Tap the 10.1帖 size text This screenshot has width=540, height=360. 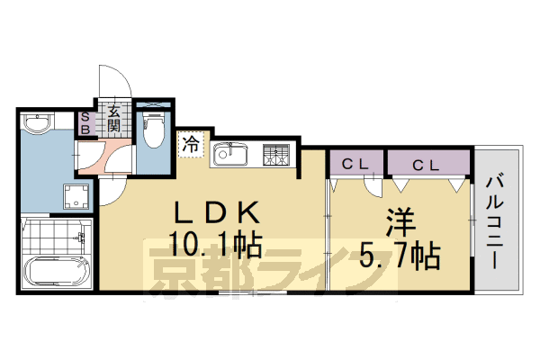[x=216, y=244]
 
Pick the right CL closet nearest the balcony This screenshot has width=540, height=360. [x=428, y=164]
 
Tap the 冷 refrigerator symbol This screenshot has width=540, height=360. [x=191, y=143]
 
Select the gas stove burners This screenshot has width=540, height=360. [x=276, y=156]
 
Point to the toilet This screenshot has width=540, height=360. [x=154, y=129]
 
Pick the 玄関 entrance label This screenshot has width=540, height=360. [x=115, y=119]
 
